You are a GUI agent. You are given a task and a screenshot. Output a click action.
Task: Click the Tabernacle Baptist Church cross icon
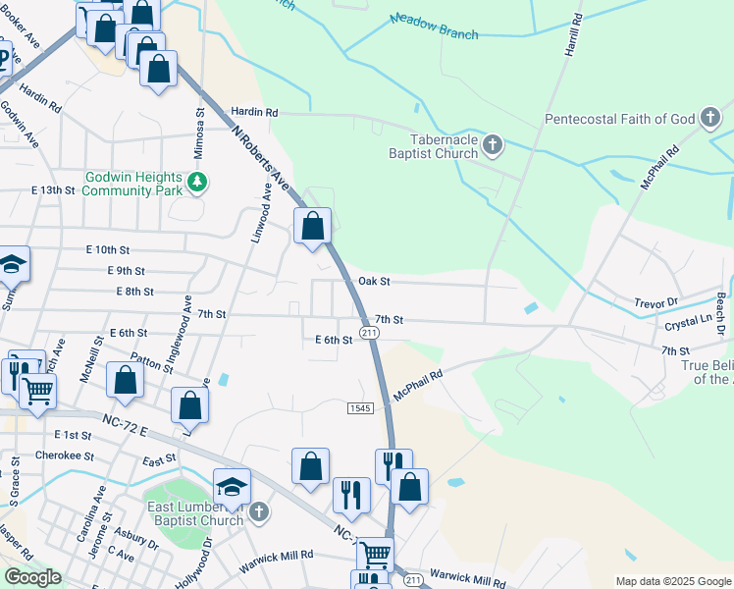(493, 146)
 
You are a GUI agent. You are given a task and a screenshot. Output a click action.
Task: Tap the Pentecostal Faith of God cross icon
(710, 120)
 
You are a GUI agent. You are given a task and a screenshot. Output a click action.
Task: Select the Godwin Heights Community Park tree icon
(197, 183)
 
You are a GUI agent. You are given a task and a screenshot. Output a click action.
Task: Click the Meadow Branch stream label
(434, 27)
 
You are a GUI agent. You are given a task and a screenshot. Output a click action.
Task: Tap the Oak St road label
(374, 281)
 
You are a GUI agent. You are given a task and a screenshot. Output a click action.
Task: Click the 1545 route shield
(360, 407)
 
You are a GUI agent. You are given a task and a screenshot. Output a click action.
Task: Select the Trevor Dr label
(656, 302)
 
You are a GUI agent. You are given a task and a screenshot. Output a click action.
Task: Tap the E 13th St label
(53, 189)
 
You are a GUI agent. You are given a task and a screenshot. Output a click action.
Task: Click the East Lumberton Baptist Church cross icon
(258, 512)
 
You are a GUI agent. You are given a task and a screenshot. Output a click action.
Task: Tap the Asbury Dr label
(135, 539)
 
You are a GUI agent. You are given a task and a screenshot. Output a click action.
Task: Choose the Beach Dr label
(719, 314)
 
